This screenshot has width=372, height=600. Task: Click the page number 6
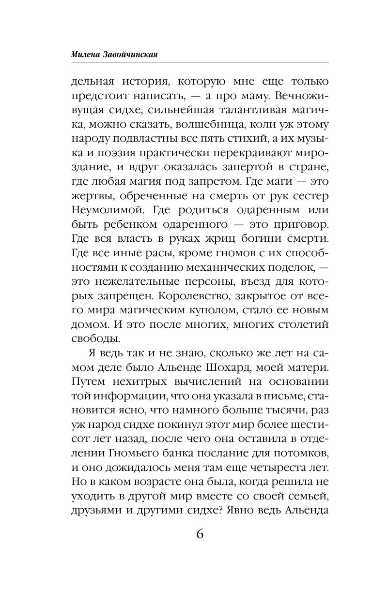click(200, 535)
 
